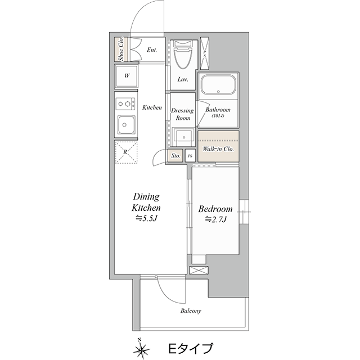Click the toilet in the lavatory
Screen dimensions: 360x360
tap(183, 55)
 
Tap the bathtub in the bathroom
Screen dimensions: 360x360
tap(218, 85)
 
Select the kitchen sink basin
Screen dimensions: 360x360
tap(126, 125)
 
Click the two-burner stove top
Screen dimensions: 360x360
tap(125, 104)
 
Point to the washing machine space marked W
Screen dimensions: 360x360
tap(127, 76)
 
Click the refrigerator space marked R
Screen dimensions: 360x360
tap(126, 152)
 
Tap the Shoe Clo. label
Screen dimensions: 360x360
tap(121, 49)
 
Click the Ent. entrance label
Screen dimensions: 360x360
tap(152, 50)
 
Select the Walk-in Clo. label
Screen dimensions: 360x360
tap(218, 149)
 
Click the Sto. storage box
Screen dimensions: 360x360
tap(175, 156)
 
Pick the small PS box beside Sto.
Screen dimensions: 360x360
tap(190, 156)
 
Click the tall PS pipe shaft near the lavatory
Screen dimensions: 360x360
tap(204, 53)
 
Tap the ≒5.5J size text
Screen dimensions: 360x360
tap(146, 218)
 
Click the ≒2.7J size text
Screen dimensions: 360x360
tap(215, 219)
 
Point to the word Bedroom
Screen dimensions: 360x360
tap(215, 209)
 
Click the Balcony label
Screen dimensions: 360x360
tap(191, 311)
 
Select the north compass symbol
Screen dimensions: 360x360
tap(141, 349)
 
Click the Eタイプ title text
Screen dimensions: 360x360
tap(191, 348)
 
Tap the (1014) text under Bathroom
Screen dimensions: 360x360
tap(218, 116)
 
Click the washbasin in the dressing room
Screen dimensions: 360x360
tap(183, 137)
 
